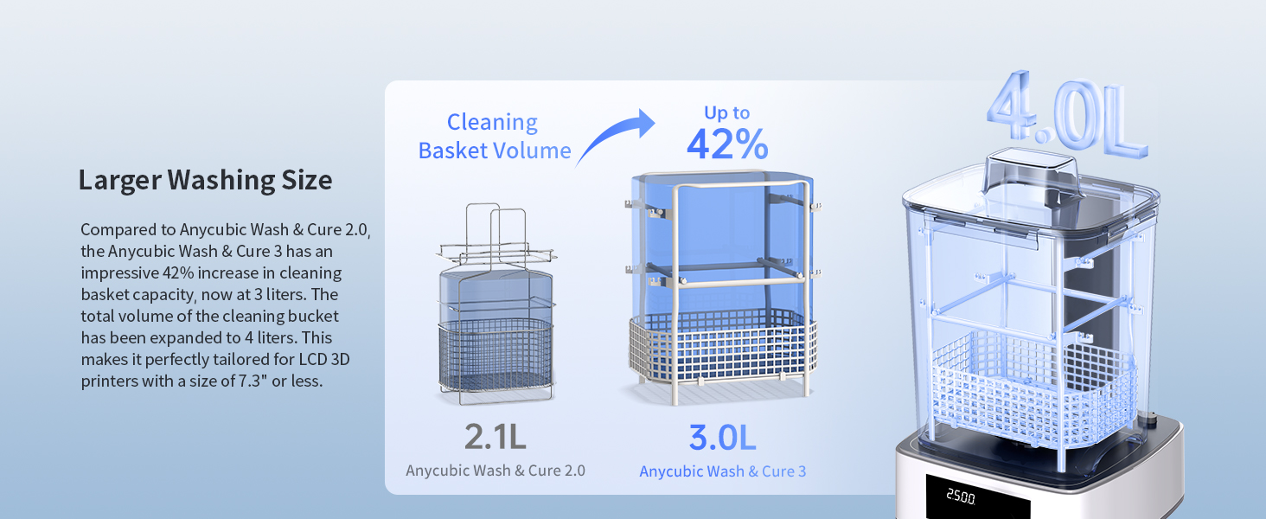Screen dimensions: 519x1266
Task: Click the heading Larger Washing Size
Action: click(x=205, y=180)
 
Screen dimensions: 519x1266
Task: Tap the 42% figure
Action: click(x=726, y=144)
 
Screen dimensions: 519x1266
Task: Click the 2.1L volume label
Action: click(x=495, y=437)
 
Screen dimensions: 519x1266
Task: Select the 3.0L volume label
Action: click(x=722, y=437)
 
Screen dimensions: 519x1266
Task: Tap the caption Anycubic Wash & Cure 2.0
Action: click(x=496, y=471)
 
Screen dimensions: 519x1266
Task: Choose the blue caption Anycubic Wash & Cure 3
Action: click(x=722, y=471)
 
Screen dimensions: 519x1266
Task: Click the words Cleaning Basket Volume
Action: click(x=494, y=137)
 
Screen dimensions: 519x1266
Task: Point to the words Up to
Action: click(x=726, y=112)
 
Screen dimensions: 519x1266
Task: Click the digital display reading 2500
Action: click(x=960, y=499)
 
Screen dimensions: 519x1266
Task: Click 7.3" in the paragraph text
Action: click(x=253, y=381)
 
